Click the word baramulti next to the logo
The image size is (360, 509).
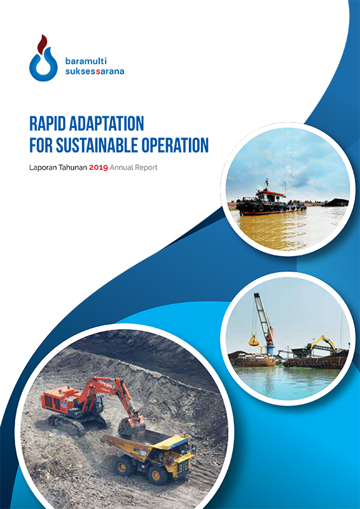tap(86, 60)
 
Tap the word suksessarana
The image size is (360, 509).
tap(95, 71)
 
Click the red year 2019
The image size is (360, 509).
tap(99, 168)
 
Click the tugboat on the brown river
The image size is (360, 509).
tap(271, 201)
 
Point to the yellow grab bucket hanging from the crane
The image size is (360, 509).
tap(254, 341)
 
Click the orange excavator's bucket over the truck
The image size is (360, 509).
tap(132, 426)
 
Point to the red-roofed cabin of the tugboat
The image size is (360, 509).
tap(270, 196)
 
